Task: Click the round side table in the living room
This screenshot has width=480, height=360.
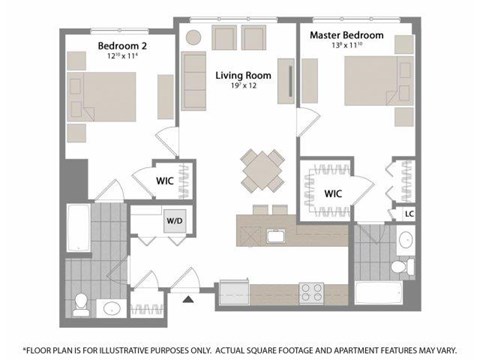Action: [192, 36]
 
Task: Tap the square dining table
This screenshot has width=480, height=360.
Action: [261, 169]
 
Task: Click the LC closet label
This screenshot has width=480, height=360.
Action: [409, 213]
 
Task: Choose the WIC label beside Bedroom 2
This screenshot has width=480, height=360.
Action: [166, 181]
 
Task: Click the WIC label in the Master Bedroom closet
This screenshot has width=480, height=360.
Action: [333, 193]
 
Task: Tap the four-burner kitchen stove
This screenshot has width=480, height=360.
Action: [313, 293]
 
